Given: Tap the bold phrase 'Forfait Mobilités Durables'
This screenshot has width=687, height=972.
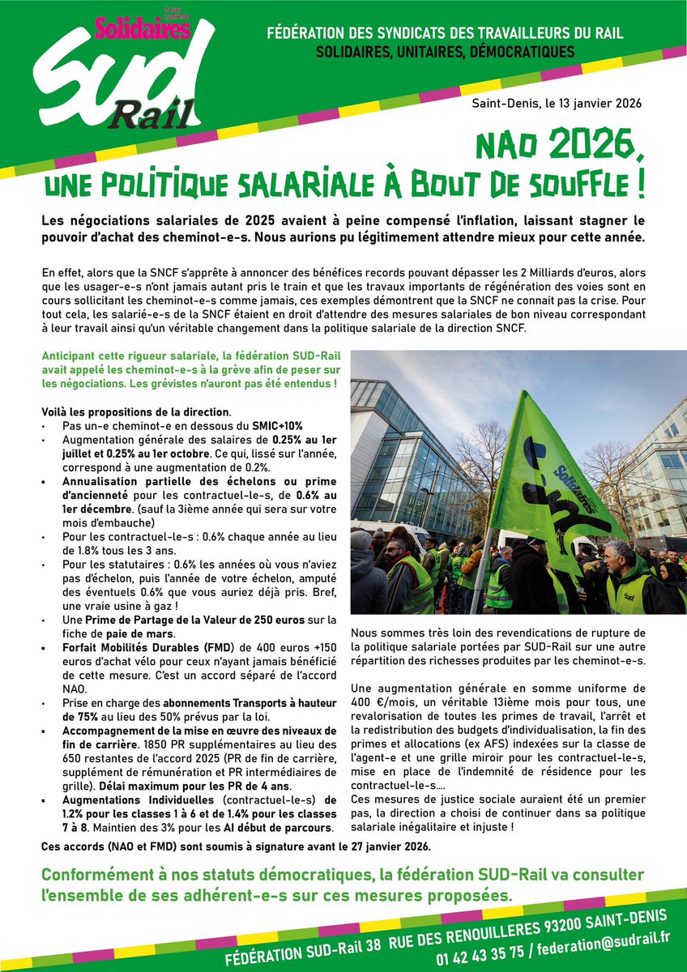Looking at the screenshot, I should click(x=134, y=648).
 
